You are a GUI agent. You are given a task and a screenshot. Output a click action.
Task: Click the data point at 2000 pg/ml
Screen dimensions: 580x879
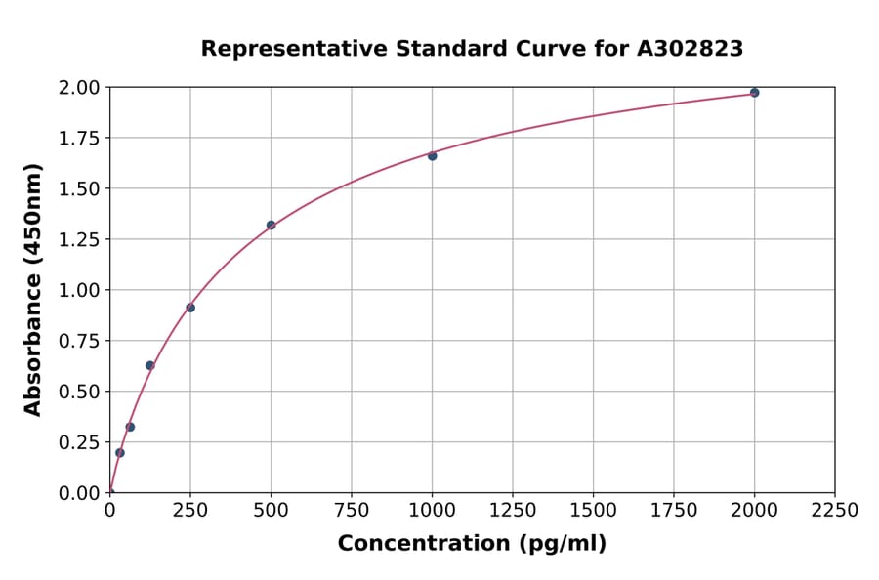click(754, 93)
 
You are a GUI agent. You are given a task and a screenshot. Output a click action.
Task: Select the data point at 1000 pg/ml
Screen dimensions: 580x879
click(432, 156)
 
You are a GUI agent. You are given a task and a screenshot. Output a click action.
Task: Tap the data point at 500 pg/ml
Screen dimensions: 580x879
click(271, 226)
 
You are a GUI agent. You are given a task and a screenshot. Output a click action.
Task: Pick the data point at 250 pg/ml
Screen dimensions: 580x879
click(190, 308)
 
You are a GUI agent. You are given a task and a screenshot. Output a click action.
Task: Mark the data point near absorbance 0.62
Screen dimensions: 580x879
click(150, 365)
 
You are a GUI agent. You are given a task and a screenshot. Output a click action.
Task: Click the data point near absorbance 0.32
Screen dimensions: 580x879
click(130, 427)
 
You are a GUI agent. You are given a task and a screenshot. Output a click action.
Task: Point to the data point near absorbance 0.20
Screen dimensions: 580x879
click(120, 453)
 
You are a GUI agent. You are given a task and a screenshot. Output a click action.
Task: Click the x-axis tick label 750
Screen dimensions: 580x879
click(352, 511)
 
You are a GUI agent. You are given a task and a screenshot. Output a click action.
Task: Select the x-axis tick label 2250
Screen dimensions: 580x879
click(834, 511)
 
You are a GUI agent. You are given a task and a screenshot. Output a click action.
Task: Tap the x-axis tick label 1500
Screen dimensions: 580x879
click(593, 511)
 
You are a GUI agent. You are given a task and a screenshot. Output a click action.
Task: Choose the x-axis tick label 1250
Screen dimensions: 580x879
click(512, 511)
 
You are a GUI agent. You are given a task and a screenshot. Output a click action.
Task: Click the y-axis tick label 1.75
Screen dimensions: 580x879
click(79, 138)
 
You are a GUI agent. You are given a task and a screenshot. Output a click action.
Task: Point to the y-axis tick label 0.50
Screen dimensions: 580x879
click(79, 392)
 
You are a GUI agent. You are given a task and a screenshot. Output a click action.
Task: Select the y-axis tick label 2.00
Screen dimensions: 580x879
click(79, 88)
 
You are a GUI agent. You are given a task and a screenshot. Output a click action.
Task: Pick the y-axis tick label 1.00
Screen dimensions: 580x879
click(79, 290)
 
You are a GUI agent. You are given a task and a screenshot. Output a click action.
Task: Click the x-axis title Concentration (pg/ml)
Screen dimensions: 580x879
click(472, 544)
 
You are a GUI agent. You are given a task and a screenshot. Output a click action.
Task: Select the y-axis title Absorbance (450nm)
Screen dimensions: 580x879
click(33, 290)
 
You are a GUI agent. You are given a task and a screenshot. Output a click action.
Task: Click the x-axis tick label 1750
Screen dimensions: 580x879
click(673, 511)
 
